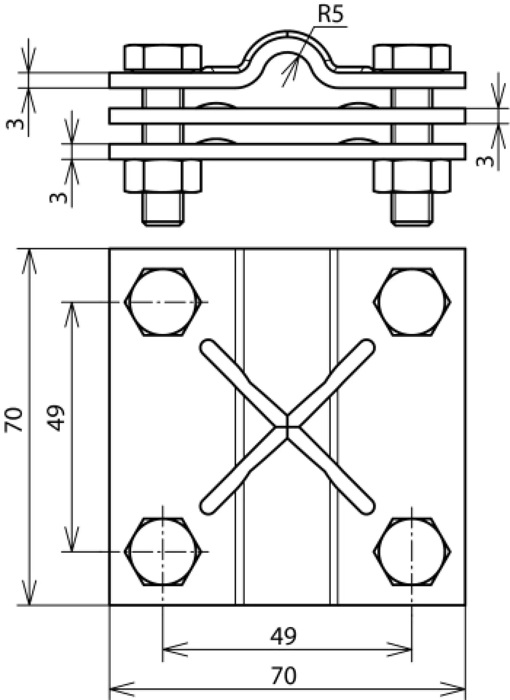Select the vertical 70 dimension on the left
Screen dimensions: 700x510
(x=14, y=419)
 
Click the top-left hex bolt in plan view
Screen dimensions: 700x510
(x=163, y=301)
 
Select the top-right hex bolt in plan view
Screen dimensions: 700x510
(x=412, y=301)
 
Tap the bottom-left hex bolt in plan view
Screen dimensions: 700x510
(x=163, y=551)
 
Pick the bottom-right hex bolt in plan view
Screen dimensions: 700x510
(x=412, y=551)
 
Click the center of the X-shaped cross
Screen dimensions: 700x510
(x=287, y=427)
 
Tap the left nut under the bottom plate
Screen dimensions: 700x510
(x=163, y=176)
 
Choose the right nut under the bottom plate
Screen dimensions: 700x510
(x=412, y=176)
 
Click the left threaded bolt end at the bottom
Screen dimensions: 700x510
(x=163, y=209)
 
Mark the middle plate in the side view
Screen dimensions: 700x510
(x=287, y=116)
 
